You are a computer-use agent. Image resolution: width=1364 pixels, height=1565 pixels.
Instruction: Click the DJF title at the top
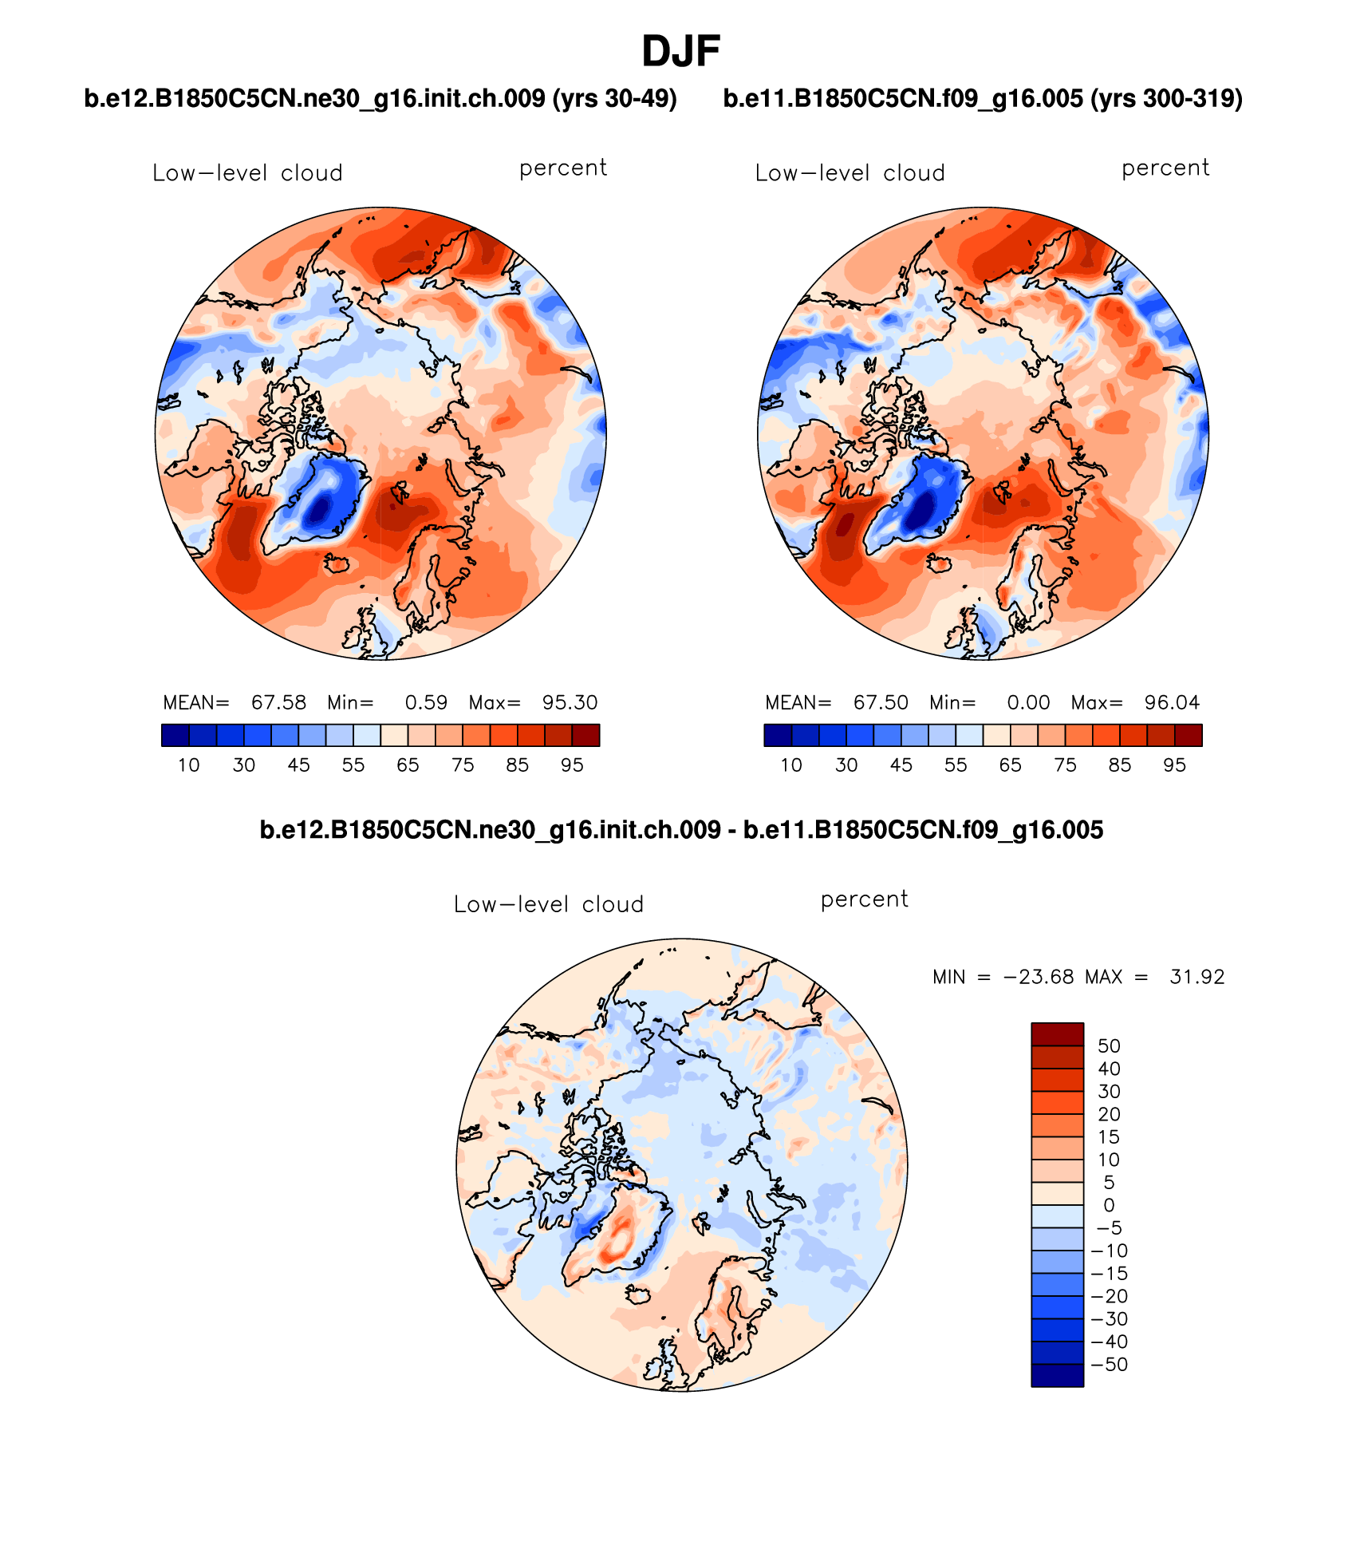[680, 52]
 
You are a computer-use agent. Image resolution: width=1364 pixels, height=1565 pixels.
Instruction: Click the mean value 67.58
[278, 702]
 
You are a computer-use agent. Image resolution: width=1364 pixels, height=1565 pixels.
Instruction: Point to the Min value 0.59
[426, 702]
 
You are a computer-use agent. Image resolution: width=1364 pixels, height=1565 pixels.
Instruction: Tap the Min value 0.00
[1028, 702]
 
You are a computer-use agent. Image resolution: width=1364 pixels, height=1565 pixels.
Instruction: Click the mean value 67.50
[881, 702]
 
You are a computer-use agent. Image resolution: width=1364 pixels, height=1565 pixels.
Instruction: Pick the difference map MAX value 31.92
[1196, 977]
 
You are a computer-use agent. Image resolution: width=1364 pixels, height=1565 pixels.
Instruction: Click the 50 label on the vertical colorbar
[1109, 1045]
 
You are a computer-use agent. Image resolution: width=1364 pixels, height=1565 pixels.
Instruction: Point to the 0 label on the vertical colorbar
[1109, 1205]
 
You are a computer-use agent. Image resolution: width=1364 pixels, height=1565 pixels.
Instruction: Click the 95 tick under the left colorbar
[572, 765]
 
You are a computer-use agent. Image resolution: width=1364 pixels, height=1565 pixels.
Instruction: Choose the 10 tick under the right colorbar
[790, 765]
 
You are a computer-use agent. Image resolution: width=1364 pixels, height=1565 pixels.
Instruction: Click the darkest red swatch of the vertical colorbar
[1057, 1034]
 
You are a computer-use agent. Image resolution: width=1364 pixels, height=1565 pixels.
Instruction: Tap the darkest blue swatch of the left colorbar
[175, 735]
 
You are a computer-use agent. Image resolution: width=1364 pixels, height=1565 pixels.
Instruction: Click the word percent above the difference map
[864, 899]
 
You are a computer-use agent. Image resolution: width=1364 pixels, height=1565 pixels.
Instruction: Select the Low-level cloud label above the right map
[850, 173]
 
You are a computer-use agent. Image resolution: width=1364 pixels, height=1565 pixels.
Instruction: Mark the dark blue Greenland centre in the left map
[321, 508]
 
